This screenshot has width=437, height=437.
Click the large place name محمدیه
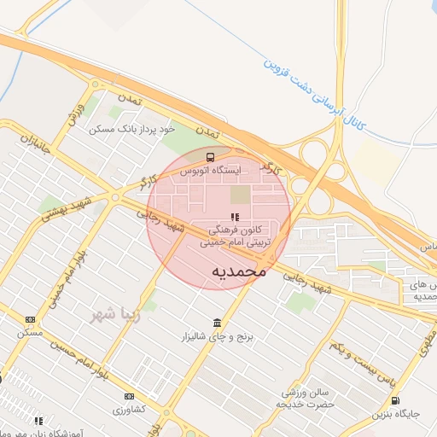click(x=238, y=271)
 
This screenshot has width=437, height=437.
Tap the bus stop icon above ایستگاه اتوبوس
click(x=210, y=156)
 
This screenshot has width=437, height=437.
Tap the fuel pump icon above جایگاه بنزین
click(x=394, y=401)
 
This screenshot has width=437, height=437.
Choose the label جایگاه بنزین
click(x=395, y=415)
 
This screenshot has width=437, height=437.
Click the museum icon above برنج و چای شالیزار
click(x=217, y=323)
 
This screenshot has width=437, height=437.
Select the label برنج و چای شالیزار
click(x=217, y=336)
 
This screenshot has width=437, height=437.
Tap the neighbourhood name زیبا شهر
click(x=115, y=313)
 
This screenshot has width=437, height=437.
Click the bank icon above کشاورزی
click(x=129, y=396)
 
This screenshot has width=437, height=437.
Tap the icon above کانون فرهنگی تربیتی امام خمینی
click(x=235, y=218)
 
